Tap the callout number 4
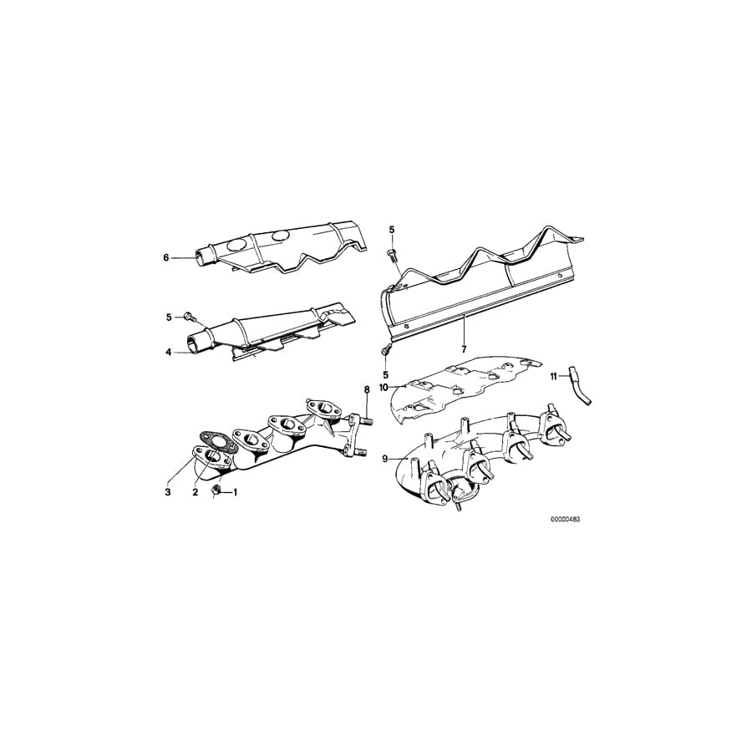pyautogui.click(x=168, y=353)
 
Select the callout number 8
pyautogui.click(x=366, y=390)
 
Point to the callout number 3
pyautogui.click(x=168, y=492)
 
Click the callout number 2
pyautogui.click(x=195, y=492)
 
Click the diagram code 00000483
pyautogui.click(x=565, y=519)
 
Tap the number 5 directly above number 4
pyautogui.click(x=168, y=317)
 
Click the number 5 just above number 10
pyautogui.click(x=385, y=374)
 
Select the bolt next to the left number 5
pyautogui.click(x=191, y=317)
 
